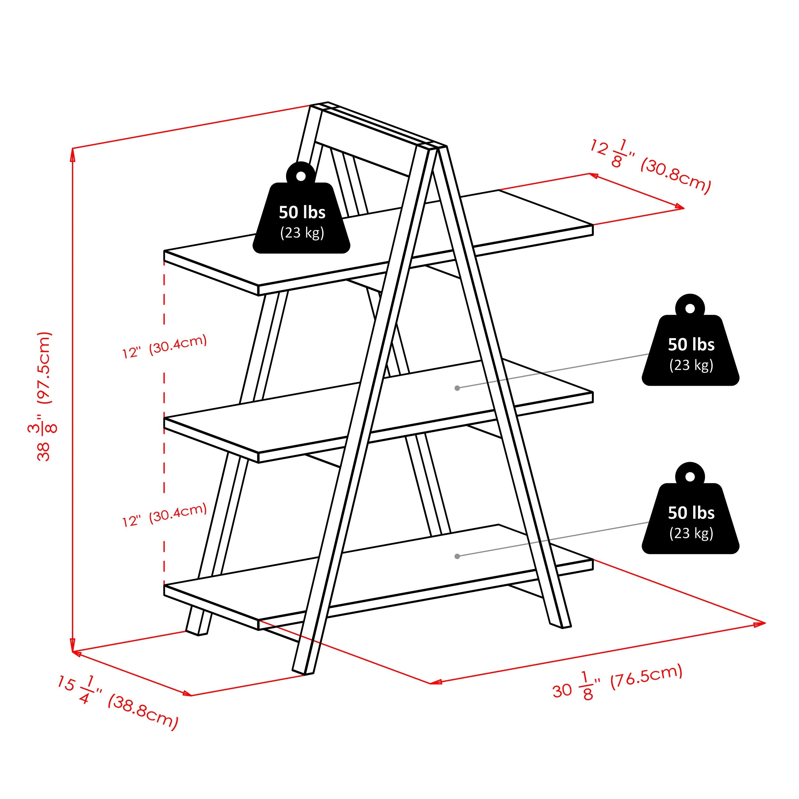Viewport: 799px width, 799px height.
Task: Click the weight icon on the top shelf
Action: (301, 215)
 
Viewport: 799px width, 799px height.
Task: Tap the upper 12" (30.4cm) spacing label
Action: (165, 346)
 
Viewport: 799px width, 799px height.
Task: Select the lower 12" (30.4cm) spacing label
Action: (165, 515)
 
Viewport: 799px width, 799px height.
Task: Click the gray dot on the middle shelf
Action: (457, 388)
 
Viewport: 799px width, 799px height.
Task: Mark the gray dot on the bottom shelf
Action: (457, 556)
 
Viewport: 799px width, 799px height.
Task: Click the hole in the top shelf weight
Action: (301, 176)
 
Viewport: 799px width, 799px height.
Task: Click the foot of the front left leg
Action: (303, 672)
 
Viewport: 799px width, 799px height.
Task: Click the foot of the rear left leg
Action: (197, 633)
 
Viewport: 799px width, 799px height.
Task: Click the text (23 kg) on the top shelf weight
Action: (302, 233)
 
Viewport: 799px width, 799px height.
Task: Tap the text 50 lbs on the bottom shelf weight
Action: (691, 513)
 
